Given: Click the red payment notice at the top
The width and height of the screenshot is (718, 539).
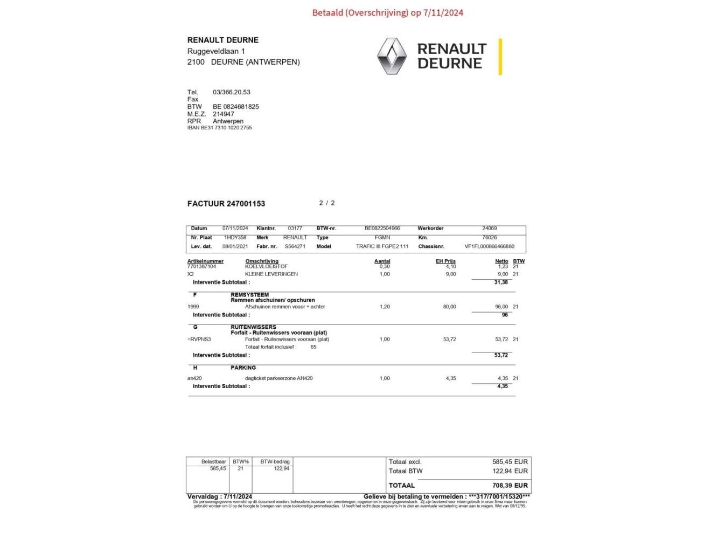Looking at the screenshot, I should click(387, 12).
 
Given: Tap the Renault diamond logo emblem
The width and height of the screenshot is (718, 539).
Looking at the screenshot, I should click(392, 56).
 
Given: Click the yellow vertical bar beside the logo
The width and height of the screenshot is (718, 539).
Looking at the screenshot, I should click(500, 57).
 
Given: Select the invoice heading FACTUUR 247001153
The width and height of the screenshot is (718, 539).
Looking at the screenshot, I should click(226, 204).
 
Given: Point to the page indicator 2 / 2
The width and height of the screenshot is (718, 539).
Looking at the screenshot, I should click(327, 203).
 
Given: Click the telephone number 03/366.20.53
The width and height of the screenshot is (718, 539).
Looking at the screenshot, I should click(232, 92).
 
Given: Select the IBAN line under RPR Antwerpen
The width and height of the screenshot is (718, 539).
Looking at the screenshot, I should click(219, 128).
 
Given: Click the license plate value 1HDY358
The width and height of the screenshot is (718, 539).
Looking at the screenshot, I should click(235, 237).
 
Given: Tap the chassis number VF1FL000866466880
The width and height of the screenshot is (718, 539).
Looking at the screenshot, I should click(489, 246).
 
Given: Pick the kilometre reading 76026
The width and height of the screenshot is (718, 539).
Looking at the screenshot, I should click(490, 237).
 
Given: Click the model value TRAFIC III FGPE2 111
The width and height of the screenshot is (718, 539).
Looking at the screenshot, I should click(382, 246).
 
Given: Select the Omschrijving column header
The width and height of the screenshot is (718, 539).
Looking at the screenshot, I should click(262, 261).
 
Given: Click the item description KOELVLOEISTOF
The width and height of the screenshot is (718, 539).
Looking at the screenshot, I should click(266, 266).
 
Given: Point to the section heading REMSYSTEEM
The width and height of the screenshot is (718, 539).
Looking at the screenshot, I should click(249, 295).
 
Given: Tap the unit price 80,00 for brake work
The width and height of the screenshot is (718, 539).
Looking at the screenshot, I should click(449, 307).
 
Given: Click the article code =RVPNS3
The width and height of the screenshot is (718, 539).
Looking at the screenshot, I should click(199, 339).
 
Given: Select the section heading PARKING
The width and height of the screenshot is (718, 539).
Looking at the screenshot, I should click(243, 368).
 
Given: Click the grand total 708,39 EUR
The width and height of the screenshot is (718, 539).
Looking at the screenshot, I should click(510, 485).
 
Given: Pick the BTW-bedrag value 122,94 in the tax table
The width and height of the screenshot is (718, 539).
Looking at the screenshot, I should click(281, 468).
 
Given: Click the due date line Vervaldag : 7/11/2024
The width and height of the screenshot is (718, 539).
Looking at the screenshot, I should click(220, 496).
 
